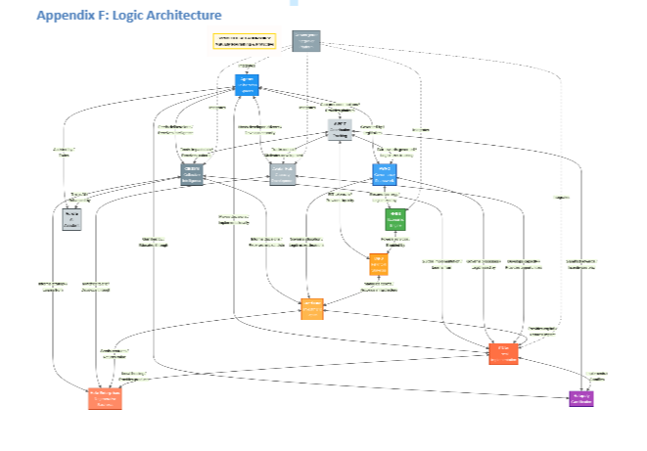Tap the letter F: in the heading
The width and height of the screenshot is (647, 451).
click(105, 16)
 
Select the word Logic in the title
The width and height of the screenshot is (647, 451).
click(132, 16)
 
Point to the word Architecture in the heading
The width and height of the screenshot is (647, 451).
click(187, 16)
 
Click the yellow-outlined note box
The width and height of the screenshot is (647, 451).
click(245, 40)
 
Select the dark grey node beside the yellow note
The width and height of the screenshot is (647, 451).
click(306, 40)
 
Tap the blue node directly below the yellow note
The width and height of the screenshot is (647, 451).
click(246, 84)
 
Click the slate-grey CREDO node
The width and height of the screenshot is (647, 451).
click(192, 174)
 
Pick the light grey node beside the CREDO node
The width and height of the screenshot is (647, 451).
click(283, 174)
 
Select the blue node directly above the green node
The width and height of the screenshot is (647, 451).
click(385, 174)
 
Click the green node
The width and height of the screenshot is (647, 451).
click(394, 218)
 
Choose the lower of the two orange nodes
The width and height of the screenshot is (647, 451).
click(311, 308)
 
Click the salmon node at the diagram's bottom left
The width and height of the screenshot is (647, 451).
click(105, 397)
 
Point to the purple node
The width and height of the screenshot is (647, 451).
click(580, 397)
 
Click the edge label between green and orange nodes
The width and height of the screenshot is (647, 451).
click(393, 243)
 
